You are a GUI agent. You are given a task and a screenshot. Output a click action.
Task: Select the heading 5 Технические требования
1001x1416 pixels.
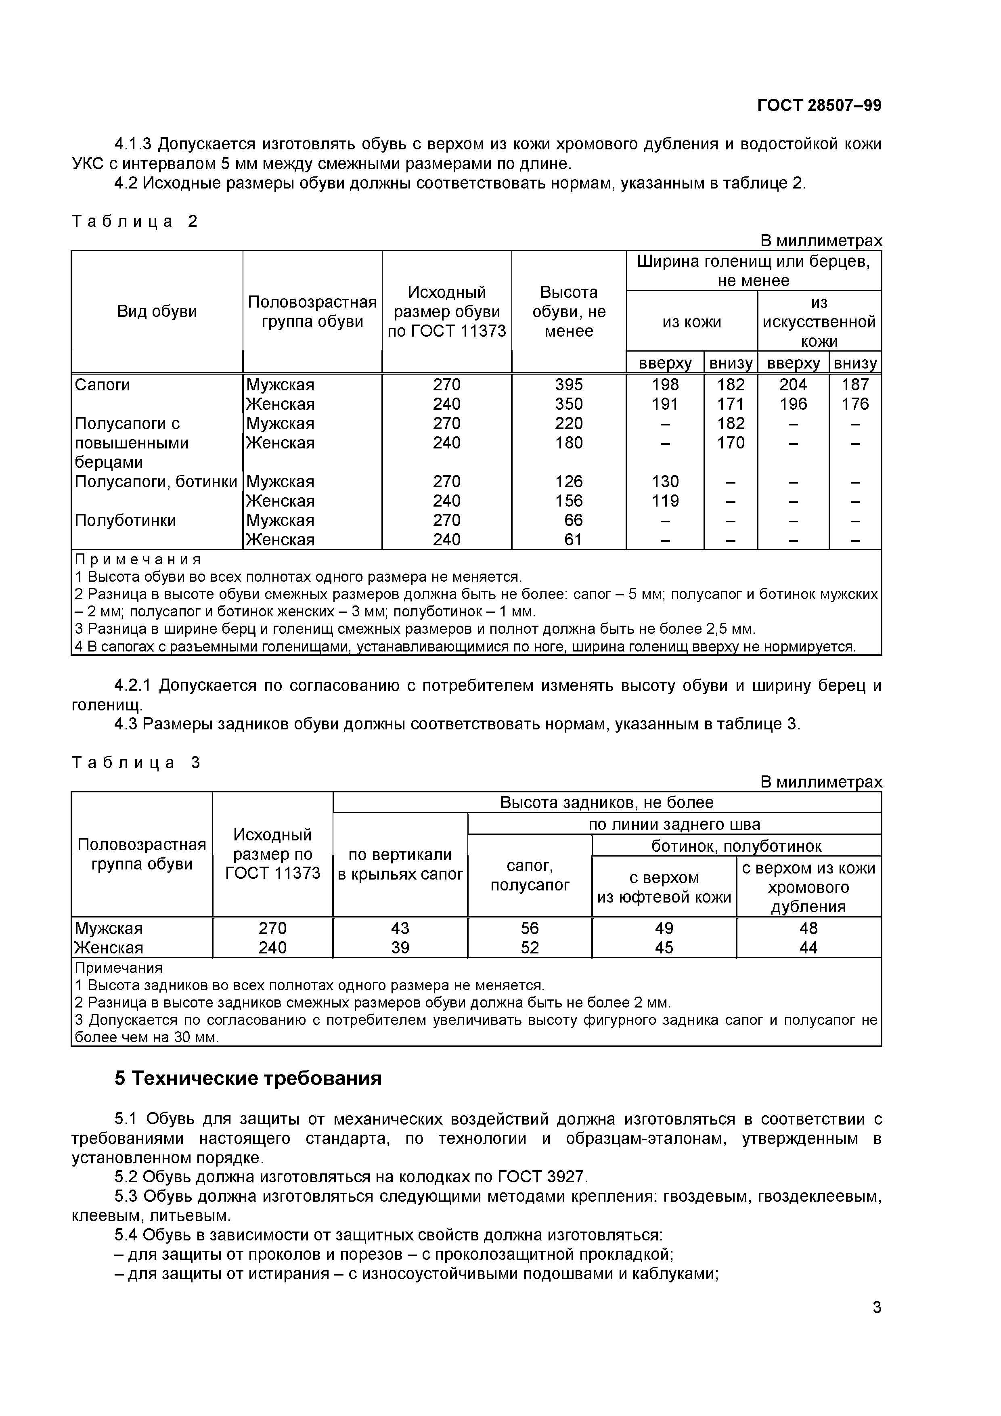click(x=248, y=1078)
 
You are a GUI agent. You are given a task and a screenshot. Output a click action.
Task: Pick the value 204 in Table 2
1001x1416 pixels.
click(x=793, y=385)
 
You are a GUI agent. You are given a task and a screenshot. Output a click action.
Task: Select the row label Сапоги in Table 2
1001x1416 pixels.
click(x=103, y=385)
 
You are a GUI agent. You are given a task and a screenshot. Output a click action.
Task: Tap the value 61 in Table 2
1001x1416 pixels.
click(x=573, y=540)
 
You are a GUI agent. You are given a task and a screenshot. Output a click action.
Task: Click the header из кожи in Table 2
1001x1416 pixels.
click(x=691, y=322)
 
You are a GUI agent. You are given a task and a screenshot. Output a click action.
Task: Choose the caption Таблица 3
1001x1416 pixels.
click(x=136, y=763)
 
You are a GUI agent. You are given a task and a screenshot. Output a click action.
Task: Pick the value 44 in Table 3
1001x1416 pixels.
click(x=808, y=948)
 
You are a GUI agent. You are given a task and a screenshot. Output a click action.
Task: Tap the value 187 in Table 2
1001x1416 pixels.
click(x=855, y=385)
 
